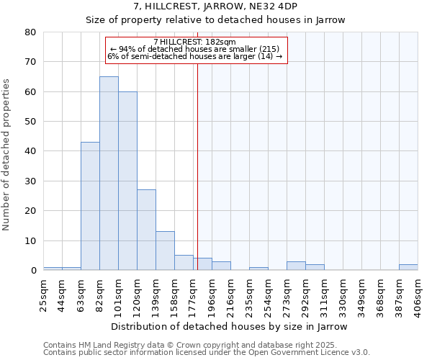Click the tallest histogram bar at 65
(x=109, y=173)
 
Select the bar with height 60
(x=127, y=181)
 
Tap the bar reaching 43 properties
(x=90, y=206)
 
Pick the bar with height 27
(x=146, y=230)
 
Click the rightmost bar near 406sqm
(x=408, y=267)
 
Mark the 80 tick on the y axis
(x=30, y=32)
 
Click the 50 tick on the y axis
(x=30, y=122)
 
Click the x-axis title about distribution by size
(x=230, y=327)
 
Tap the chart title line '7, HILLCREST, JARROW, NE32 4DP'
(x=216, y=6)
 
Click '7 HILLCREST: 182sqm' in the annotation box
(x=196, y=42)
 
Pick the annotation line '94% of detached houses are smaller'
(x=196, y=49)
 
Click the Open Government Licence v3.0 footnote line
(x=206, y=353)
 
